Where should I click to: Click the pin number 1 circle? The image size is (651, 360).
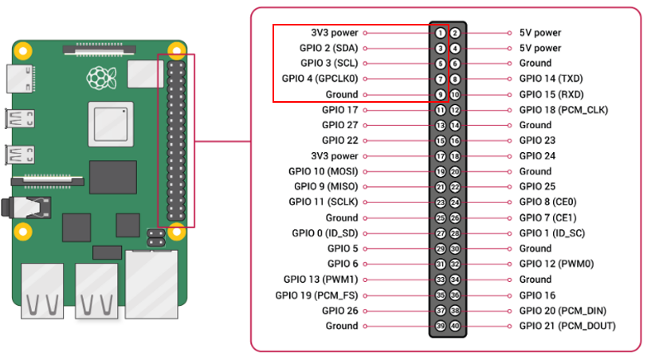pos(440,33)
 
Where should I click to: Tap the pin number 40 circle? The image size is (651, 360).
pos(455,326)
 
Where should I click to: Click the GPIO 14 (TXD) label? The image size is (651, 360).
pos(546,79)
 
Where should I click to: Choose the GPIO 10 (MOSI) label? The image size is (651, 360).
pos(324,171)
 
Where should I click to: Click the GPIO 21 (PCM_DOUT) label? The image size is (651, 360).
pos(567,326)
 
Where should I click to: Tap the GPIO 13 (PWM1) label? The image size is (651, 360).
pos(321,280)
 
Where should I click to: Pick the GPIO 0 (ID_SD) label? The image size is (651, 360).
pos(325,233)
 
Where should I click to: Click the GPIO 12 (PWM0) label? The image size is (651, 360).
pos(556,264)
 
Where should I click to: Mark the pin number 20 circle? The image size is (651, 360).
pos(455,171)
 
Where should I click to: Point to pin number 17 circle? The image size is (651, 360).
pos(440,156)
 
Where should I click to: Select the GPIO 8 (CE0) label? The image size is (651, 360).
pos(547,202)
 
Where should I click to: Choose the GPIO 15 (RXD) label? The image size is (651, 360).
pos(547,94)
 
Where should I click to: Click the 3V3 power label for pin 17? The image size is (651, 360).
pos(335,156)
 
